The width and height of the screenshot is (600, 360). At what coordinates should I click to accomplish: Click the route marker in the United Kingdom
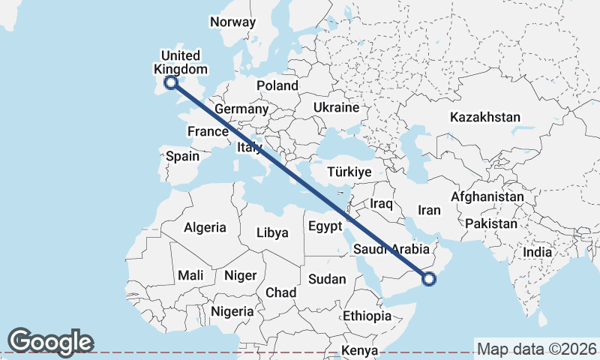170,82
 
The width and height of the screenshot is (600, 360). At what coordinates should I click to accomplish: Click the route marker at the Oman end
429,280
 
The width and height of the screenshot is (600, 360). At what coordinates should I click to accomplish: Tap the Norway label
232,22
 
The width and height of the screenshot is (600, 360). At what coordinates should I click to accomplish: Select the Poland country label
277,85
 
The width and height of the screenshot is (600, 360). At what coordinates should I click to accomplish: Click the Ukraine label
337,107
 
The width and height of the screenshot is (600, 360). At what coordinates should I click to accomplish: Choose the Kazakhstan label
485,117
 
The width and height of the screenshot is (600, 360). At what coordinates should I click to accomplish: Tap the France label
208,131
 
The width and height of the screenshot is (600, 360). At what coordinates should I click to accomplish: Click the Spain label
182,156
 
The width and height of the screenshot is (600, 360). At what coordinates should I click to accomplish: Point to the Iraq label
382,203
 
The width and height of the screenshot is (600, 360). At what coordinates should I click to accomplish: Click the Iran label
429,210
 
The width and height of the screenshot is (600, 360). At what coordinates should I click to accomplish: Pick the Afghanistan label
487,196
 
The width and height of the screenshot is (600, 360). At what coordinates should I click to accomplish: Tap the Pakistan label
491,223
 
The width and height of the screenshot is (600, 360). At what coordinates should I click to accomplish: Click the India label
537,252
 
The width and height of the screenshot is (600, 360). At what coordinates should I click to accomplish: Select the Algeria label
205,226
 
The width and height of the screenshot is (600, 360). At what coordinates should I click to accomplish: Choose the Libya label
272,232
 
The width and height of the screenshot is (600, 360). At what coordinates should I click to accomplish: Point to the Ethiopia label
367,316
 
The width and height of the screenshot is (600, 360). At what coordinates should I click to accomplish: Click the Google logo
50,341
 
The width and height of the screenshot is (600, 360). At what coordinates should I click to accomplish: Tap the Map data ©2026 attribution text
536,349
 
